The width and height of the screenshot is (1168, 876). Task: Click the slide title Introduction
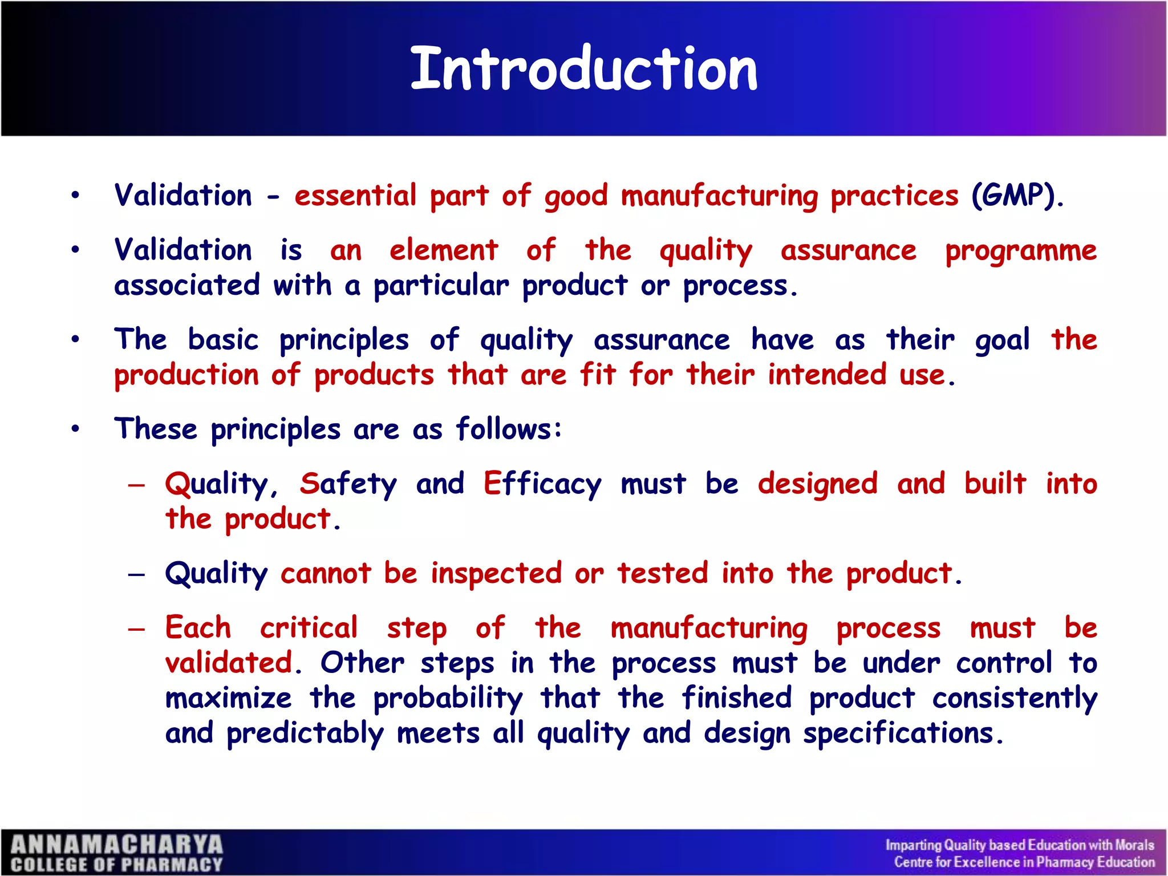pos(584,69)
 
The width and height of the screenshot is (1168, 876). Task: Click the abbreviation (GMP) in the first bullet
pos(1017,196)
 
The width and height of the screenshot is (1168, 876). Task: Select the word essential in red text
pos(355,196)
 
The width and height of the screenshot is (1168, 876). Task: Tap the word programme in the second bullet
pos(1021,251)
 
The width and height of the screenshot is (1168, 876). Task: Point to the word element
pos(444,251)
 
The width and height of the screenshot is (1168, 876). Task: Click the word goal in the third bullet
pos(1002,340)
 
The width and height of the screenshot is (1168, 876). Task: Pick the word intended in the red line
pos(826,375)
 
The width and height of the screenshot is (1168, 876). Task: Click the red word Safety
pos(348,484)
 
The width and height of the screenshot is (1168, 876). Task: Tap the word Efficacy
pos(542,484)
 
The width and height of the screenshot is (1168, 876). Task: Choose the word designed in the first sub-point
pos(817,484)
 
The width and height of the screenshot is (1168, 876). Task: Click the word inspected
pos(496,573)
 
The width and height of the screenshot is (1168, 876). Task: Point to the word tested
pos(662,573)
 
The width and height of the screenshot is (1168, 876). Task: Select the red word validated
pos(229,663)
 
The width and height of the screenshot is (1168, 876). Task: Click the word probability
pos(448,699)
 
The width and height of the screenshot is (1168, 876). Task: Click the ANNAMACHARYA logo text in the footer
pos(117,845)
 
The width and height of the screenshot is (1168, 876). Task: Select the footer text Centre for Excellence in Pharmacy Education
pos(1024,862)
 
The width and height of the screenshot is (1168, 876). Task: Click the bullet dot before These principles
pos(75,429)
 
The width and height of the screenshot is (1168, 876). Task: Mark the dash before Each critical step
pos(137,629)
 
